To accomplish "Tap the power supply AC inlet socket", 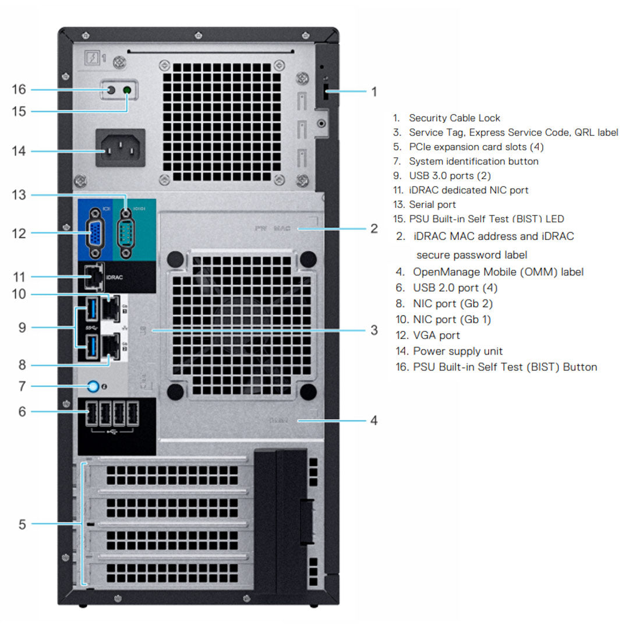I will (x=120, y=151).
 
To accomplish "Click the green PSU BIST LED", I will (x=127, y=90).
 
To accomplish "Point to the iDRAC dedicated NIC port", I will (x=91, y=277).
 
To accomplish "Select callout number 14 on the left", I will (x=19, y=151).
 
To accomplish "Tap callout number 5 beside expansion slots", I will (x=22, y=524).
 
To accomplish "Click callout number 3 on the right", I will (x=374, y=330).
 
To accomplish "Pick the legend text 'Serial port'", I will (x=432, y=204).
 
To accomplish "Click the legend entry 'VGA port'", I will (x=436, y=335).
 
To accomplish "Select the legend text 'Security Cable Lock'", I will (x=454, y=118).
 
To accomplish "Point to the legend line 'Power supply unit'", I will (x=458, y=351).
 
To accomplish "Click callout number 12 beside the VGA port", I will (x=19, y=233).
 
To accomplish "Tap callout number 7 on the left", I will (x=22, y=386).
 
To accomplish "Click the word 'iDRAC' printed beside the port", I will (x=115, y=278).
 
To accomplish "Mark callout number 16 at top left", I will (x=19, y=89).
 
